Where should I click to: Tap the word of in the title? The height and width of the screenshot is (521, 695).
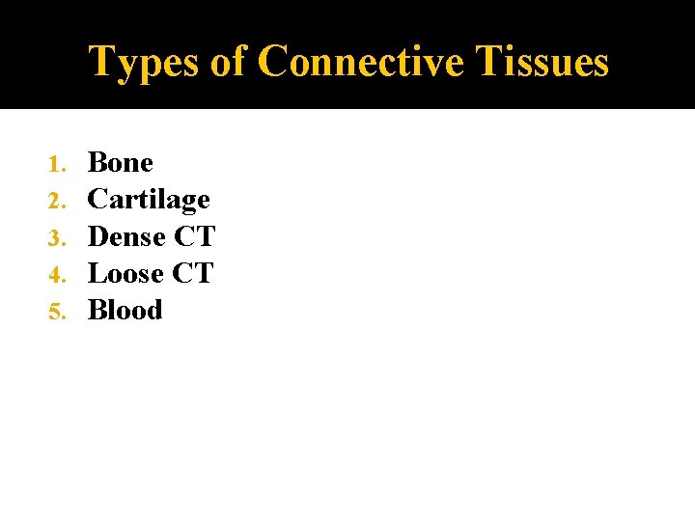228,62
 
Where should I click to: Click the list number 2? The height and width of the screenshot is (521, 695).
56,201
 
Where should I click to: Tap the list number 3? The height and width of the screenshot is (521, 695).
56,237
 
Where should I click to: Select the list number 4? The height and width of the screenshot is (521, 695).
56,274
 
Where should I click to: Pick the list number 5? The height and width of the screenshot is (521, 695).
56,311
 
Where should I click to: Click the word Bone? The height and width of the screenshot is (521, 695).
120,162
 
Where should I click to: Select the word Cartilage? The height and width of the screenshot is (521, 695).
149,200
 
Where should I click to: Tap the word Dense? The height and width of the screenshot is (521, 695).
125,236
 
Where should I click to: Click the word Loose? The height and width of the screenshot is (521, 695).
125,273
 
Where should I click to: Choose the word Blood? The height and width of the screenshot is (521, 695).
125,310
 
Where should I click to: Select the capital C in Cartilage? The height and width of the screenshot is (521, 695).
97,200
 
